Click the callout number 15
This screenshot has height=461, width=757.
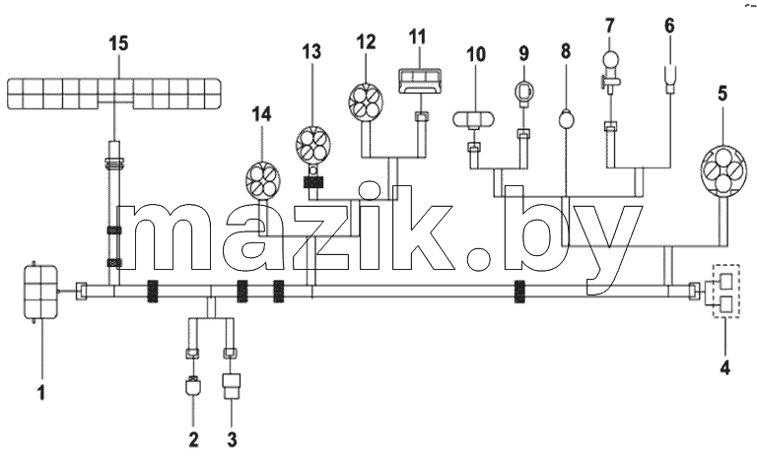point(118,43)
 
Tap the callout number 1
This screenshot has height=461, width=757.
point(42,392)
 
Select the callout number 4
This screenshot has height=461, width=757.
point(724,367)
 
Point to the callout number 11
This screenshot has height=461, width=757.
point(418,37)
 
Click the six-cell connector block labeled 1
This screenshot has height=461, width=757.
point(41,292)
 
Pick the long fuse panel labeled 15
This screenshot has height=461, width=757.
point(114,94)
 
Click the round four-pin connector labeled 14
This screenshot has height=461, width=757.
point(263,180)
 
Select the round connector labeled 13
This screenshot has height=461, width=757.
point(313,144)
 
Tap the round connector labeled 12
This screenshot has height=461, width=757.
point(366,101)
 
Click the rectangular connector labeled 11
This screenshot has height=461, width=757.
point(421,81)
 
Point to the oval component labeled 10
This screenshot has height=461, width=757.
point(473,119)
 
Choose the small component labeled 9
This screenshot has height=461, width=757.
point(523,93)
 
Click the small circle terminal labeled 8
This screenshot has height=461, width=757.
point(566,119)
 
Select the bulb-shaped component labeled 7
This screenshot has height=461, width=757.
point(610,69)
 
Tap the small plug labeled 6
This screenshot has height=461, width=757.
point(670,79)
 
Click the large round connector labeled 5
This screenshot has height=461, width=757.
point(723,170)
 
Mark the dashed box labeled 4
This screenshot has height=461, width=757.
point(726,291)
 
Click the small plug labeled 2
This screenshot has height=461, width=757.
point(193,385)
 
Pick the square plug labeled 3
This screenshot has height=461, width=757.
point(232,385)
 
